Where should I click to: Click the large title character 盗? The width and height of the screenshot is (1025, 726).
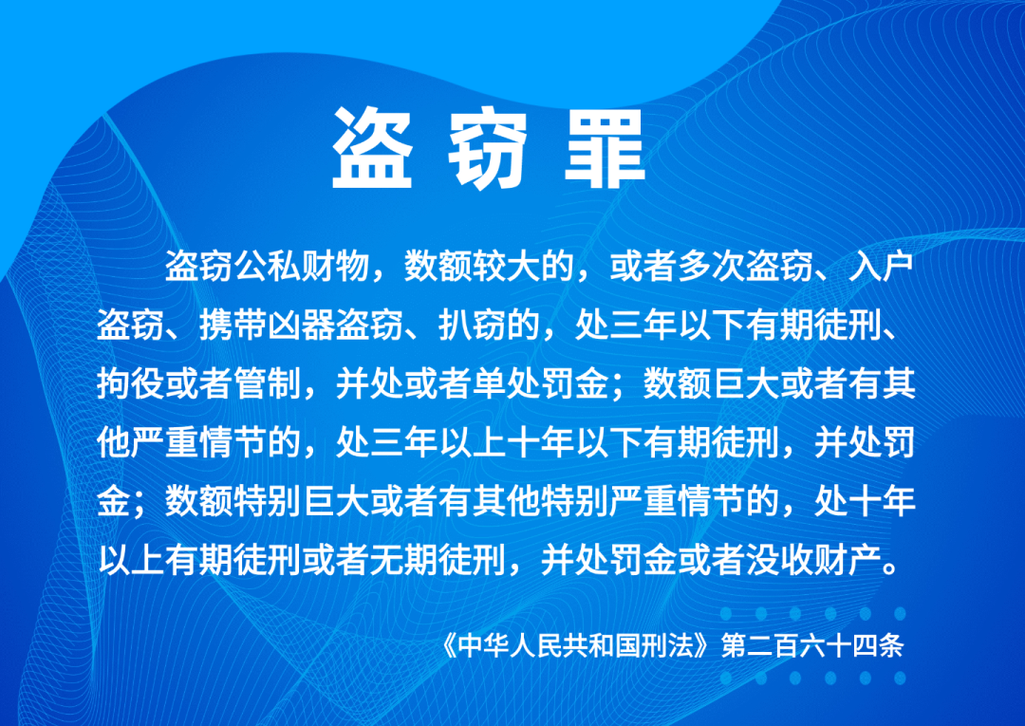coord(372,148)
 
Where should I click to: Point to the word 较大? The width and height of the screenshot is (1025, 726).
coord(506,267)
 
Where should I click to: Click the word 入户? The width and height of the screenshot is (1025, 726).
coord(881,267)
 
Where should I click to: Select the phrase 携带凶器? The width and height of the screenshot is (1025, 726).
coord(268,325)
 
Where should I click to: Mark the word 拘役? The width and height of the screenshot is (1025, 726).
coord(131,383)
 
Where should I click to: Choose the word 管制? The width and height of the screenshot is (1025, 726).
coord(268,383)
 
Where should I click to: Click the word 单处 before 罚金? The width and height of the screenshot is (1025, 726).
coord(506,383)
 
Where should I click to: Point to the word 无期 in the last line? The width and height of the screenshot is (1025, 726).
coord(404,559)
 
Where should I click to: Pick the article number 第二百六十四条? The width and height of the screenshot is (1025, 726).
coord(811,645)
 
